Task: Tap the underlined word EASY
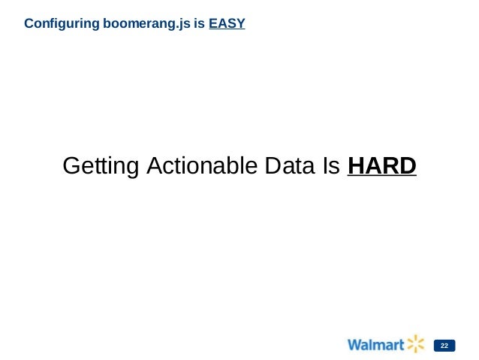point(227,24)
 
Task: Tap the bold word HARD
point(382,165)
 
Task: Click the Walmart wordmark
point(375,345)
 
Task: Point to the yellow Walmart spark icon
point(416,344)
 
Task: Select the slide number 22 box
point(444,346)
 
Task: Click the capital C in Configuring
point(29,24)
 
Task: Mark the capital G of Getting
point(72,165)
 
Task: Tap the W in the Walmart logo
point(354,345)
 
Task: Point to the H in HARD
point(357,165)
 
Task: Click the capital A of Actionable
point(152,165)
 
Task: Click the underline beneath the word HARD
point(382,178)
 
